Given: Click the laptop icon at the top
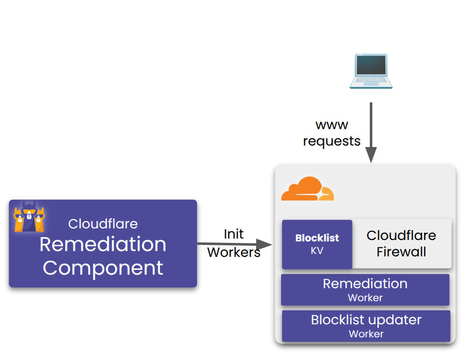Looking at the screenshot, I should tap(371, 71).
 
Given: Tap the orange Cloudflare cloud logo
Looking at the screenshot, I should tap(307, 189).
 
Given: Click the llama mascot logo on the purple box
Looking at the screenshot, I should tap(29, 216).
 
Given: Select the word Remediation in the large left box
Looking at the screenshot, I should tap(103, 244).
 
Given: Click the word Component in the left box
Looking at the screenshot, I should tap(103, 267).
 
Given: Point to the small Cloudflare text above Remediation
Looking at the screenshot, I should tap(103, 224).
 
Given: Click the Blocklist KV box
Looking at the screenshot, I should tap(317, 244).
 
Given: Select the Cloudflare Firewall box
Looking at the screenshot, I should tap(402, 244).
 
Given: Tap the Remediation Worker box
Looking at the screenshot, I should tap(365, 290).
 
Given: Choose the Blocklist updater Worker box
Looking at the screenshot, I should tap(366, 326).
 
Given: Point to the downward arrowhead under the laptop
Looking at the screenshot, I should tap(371, 155).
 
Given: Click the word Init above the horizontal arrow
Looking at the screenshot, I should tap(234, 234).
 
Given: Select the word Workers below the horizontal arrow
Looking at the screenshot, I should tap(234, 252).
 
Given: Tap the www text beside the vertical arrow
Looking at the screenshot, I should tap(332, 125).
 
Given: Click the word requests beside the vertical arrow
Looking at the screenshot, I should tap(332, 141).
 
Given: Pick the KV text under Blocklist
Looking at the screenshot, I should tap(317, 251).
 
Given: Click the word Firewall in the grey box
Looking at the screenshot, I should tap(401, 252).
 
